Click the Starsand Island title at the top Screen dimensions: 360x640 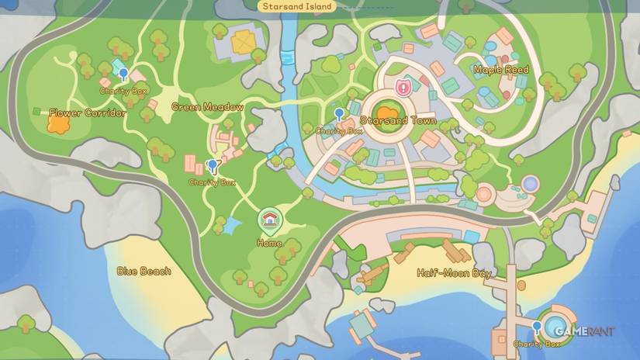(x=298, y=6)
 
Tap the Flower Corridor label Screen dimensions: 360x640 (x=87, y=113)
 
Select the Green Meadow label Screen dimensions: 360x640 (x=207, y=107)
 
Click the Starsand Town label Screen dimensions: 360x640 (x=398, y=122)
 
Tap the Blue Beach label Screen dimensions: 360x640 (x=144, y=271)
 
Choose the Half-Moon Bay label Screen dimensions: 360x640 (x=454, y=273)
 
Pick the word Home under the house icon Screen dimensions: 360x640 (x=268, y=243)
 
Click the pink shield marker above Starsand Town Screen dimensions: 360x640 (x=403, y=86)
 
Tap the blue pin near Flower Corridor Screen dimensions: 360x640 (x=123, y=74)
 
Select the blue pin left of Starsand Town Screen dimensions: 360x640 (x=339, y=114)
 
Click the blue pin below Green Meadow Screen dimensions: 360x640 (x=213, y=164)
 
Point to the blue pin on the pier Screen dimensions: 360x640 (x=537, y=326)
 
